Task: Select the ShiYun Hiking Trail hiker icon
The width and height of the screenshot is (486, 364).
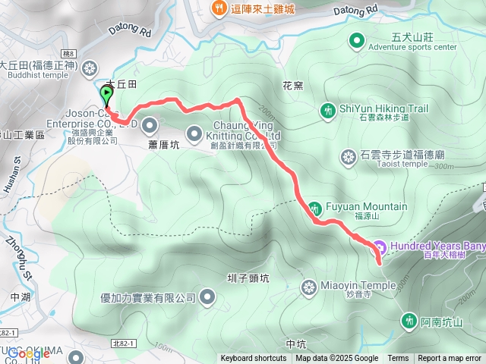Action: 327,110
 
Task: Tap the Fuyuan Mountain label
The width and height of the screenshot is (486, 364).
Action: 366,206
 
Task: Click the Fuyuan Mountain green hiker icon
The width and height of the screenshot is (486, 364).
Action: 314,207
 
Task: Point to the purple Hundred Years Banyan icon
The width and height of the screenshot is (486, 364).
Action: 380,246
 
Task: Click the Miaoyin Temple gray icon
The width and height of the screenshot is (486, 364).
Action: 308,286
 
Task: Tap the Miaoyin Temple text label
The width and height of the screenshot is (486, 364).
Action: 358,285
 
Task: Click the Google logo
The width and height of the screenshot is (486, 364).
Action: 28,353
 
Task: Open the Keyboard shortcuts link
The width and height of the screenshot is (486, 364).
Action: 254,359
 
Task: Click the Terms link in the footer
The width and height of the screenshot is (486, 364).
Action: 398,359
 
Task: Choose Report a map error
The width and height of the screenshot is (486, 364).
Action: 450,359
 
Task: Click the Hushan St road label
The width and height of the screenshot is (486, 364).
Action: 16,171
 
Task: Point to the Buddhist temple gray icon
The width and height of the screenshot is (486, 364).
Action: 90,68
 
